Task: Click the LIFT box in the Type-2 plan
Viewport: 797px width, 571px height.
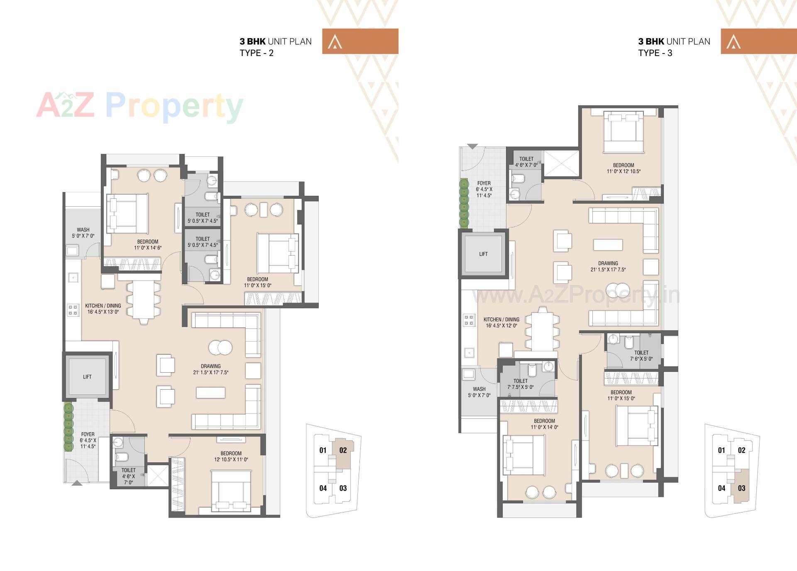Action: click(87, 376)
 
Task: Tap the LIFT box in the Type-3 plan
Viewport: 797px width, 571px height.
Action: click(483, 254)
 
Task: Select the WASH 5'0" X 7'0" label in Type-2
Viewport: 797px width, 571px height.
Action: click(83, 233)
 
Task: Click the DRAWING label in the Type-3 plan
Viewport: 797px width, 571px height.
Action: click(608, 266)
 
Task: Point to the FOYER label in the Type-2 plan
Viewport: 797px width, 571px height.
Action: click(88, 440)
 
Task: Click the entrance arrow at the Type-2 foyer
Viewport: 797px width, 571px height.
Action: click(77, 483)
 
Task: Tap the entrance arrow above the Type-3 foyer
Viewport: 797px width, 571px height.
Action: click(472, 146)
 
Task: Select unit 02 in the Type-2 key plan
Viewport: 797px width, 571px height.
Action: click(343, 450)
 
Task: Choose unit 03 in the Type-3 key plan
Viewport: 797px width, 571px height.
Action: click(741, 488)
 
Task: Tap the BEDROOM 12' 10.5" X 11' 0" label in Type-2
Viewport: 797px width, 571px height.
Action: click(231, 456)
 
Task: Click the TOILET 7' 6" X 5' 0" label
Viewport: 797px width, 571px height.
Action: click(641, 356)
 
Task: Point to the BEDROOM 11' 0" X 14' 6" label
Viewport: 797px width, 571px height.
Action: click(148, 244)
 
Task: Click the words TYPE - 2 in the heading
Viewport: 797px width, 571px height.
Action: click(257, 53)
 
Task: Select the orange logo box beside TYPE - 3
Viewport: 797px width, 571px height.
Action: click(758, 41)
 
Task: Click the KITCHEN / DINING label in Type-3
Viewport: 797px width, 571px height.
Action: click(501, 322)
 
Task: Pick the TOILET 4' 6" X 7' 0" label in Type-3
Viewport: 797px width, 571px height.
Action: click(526, 162)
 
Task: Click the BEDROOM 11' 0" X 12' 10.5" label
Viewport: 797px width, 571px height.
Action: click(623, 168)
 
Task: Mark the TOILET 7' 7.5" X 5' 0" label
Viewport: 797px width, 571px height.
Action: click(521, 384)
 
